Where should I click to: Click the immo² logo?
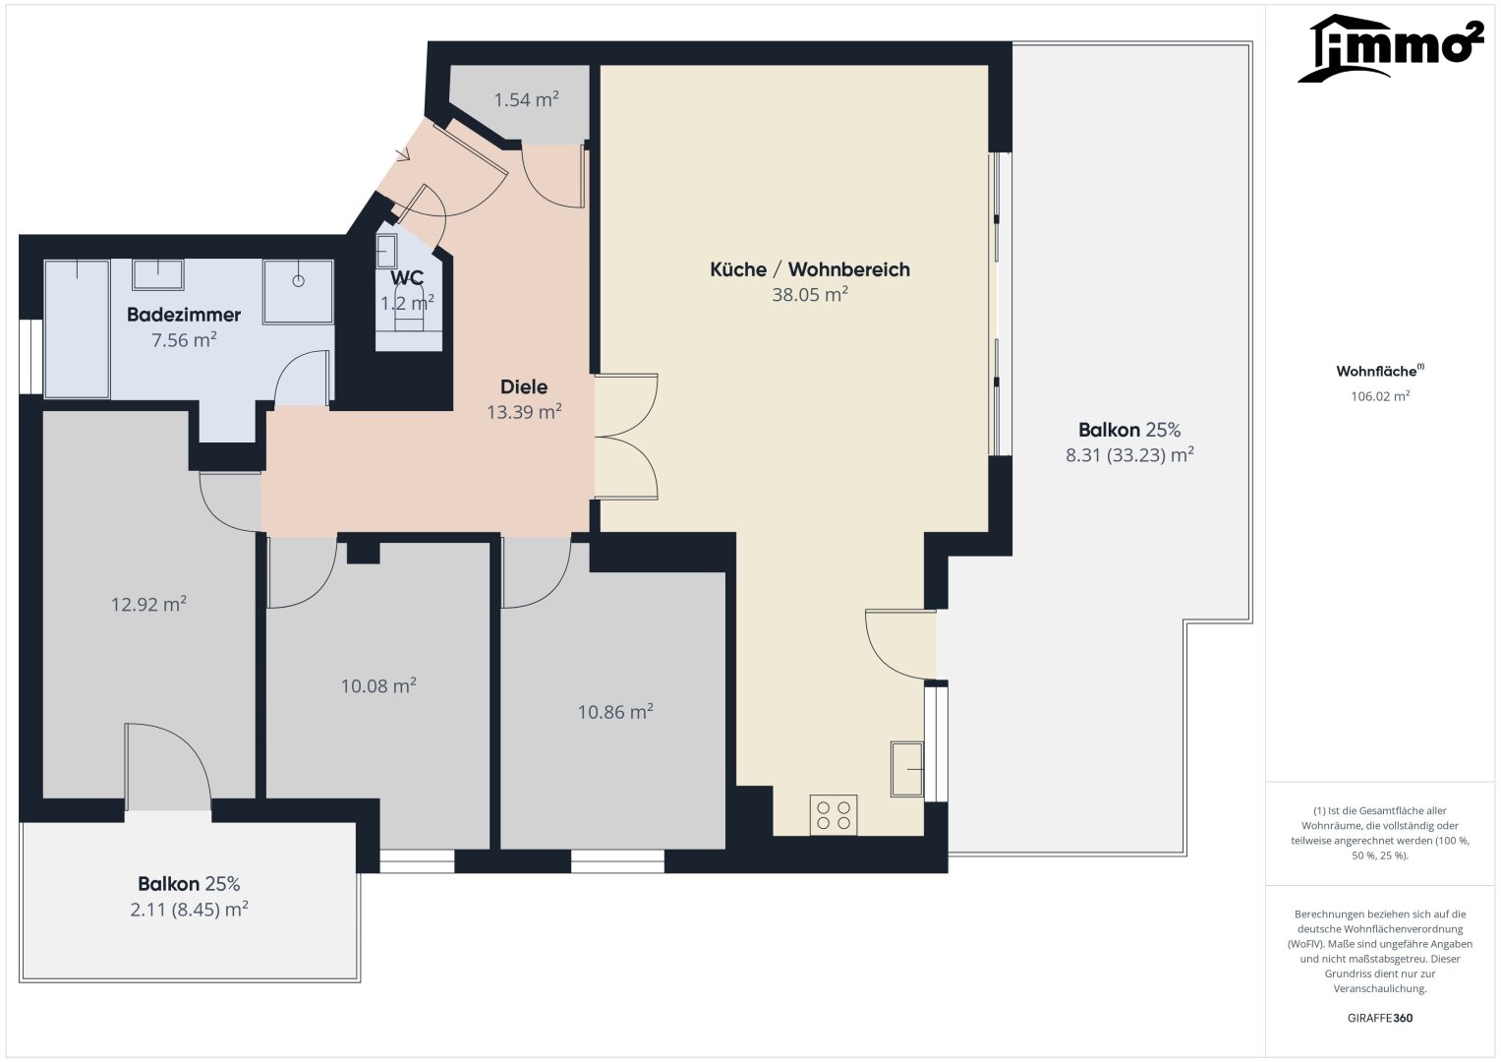[1391, 47]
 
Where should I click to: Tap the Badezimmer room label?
[184, 315]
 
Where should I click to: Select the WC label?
[407, 277]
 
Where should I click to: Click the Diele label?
[524, 386]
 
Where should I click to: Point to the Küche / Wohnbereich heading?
[810, 269]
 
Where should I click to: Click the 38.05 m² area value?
[810, 295]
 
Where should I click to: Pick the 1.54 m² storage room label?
[527, 100]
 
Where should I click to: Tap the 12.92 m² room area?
[148, 604]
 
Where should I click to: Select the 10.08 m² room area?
[378, 686]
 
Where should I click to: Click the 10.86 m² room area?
[615, 711]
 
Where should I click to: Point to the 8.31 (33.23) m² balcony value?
[1129, 455]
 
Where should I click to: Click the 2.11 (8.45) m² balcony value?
[189, 910]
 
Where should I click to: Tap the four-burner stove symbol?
[834, 814]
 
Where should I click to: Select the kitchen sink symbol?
[907, 769]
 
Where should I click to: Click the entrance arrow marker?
[402, 155]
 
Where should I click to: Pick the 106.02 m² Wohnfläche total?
[1380, 396]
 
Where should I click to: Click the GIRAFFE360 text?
[1380, 1018]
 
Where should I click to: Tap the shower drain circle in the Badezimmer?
[298, 281]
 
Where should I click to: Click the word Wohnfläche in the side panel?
[1376, 371]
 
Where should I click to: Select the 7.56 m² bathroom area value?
[184, 340]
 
